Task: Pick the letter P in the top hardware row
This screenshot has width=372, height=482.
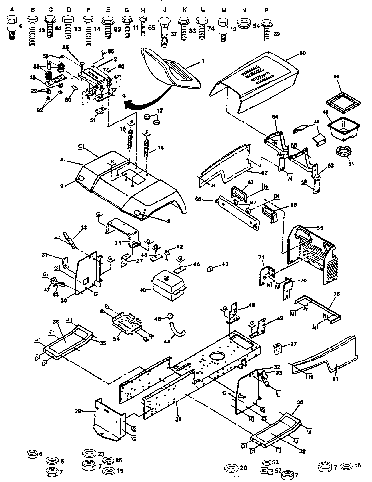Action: [266, 10]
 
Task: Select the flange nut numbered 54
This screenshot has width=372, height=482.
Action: [244, 24]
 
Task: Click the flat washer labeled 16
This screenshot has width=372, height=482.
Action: [345, 466]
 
